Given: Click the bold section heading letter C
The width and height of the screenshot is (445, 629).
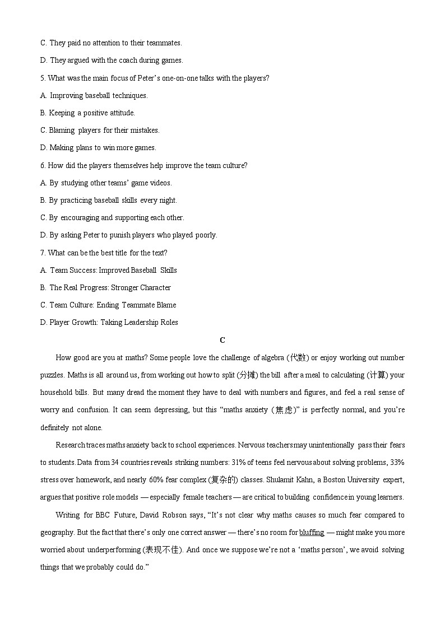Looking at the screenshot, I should click(x=222, y=340).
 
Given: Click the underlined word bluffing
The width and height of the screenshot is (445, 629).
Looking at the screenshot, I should click(x=312, y=533).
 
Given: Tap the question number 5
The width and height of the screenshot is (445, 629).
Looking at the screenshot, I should click(x=43, y=78).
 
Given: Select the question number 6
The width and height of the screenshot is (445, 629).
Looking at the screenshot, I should click(x=43, y=166).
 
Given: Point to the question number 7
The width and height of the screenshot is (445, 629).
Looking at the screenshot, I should click(x=43, y=253).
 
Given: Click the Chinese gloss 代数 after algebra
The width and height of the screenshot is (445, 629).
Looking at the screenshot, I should click(x=297, y=358).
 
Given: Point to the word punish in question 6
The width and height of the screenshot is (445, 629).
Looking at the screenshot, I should click(x=119, y=235).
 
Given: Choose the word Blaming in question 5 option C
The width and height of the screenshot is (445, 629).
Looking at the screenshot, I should click(x=62, y=131).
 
